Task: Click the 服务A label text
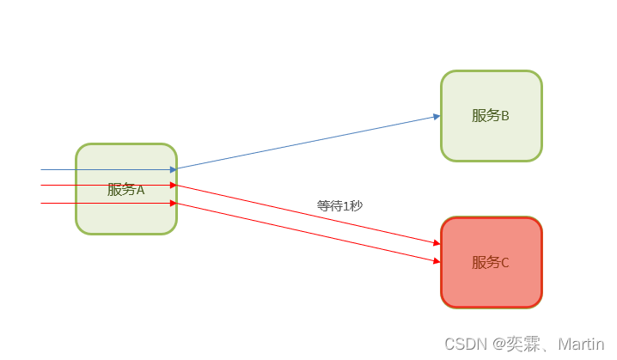[125, 190]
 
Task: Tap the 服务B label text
[491, 115]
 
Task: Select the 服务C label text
[491, 262]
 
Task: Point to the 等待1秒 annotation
[339, 205]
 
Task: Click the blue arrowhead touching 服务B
[437, 116]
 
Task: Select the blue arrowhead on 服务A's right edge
[173, 169]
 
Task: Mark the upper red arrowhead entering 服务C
[437, 244]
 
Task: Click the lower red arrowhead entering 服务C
[437, 259]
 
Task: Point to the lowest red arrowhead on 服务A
[173, 204]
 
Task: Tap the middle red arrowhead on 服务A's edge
[173, 185]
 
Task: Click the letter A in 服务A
[140, 190]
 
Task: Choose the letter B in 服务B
[505, 115]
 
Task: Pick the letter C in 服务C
[505, 262]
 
